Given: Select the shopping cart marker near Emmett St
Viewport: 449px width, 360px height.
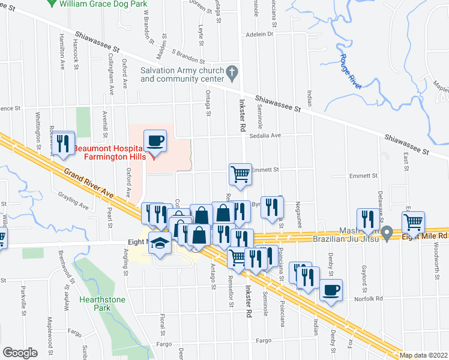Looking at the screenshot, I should [x=240, y=174].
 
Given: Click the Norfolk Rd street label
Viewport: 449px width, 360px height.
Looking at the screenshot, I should [x=368, y=298].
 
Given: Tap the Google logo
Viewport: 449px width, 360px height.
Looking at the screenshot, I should [x=20, y=353].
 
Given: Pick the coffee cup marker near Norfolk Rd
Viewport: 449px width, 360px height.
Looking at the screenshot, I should [x=331, y=290].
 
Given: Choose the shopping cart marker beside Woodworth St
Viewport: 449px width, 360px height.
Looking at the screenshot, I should [x=413, y=222].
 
